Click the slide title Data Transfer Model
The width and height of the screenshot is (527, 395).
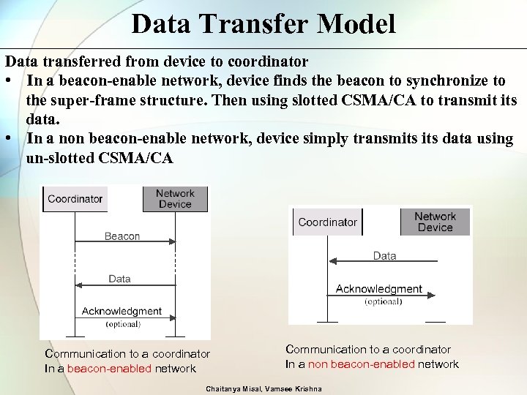coord(263,23)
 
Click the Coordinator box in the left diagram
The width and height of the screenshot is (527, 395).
coord(75,199)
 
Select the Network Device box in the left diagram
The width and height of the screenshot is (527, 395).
coord(175,199)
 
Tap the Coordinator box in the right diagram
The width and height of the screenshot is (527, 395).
coord(328,222)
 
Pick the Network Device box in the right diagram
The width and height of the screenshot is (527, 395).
coord(435,222)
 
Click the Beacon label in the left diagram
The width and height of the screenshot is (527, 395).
coord(122,236)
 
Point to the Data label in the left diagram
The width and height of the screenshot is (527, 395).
coord(119,279)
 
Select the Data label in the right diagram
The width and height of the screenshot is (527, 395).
coord(384,256)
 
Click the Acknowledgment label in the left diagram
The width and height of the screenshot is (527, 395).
coord(122,312)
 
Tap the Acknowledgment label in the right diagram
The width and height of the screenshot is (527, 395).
coord(378,289)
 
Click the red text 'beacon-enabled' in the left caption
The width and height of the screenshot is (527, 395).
coord(109,369)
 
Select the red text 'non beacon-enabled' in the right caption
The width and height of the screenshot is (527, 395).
coord(362,364)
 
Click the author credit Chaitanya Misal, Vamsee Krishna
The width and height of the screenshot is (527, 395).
coord(263,388)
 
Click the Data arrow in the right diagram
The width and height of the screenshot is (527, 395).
coord(381,262)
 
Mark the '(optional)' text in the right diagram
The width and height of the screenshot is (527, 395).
coord(383,301)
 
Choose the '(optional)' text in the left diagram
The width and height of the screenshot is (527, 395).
coord(123,323)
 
